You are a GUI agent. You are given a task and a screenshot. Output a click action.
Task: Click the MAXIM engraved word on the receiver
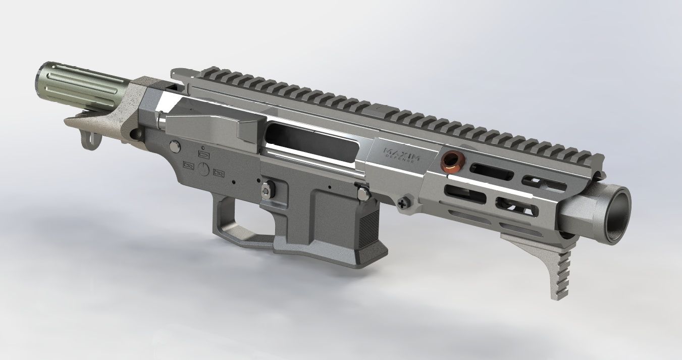tap(402, 151)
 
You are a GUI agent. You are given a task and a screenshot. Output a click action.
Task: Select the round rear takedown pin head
tap(175, 146)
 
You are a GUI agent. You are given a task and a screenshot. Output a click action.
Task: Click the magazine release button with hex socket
tap(266, 190)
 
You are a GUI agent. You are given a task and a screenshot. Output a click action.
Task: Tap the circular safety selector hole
tap(204, 169)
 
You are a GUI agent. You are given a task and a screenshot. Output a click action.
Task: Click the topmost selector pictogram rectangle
tap(203, 153)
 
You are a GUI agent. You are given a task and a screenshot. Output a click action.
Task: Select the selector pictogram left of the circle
tap(189, 165)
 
